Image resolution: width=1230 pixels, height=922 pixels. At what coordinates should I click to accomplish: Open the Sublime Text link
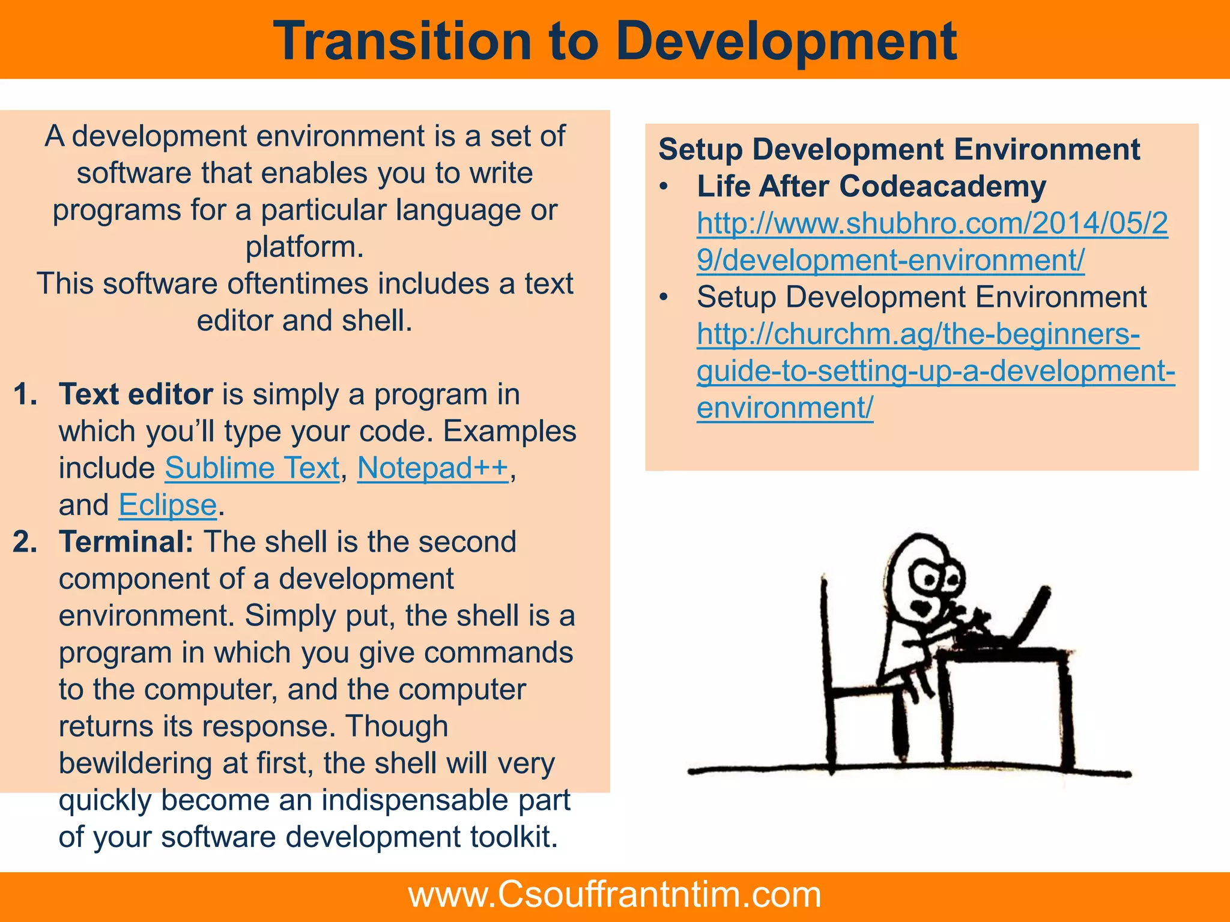pyautogui.click(x=252, y=468)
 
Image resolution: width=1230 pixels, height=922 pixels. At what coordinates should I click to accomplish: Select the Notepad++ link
pyautogui.click(x=432, y=468)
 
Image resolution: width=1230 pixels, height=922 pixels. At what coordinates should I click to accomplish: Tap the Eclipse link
pyautogui.click(x=168, y=505)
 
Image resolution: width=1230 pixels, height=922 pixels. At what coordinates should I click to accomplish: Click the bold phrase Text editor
pyautogui.click(x=136, y=394)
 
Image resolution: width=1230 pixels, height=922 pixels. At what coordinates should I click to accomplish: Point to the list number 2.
pyautogui.click(x=25, y=542)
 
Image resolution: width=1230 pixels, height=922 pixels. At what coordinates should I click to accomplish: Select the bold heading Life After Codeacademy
pyautogui.click(x=871, y=187)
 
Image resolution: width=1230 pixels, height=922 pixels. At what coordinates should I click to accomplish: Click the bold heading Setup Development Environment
pyautogui.click(x=898, y=149)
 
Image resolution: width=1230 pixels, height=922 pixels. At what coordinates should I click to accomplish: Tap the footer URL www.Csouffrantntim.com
pyautogui.click(x=614, y=894)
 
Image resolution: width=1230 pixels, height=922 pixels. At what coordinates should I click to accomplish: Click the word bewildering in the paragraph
pyautogui.click(x=135, y=764)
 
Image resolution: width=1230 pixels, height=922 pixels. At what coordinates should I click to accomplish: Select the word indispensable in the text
pyautogui.click(x=414, y=800)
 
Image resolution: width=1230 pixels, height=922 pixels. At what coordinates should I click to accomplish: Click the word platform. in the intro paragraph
pyautogui.click(x=304, y=247)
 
